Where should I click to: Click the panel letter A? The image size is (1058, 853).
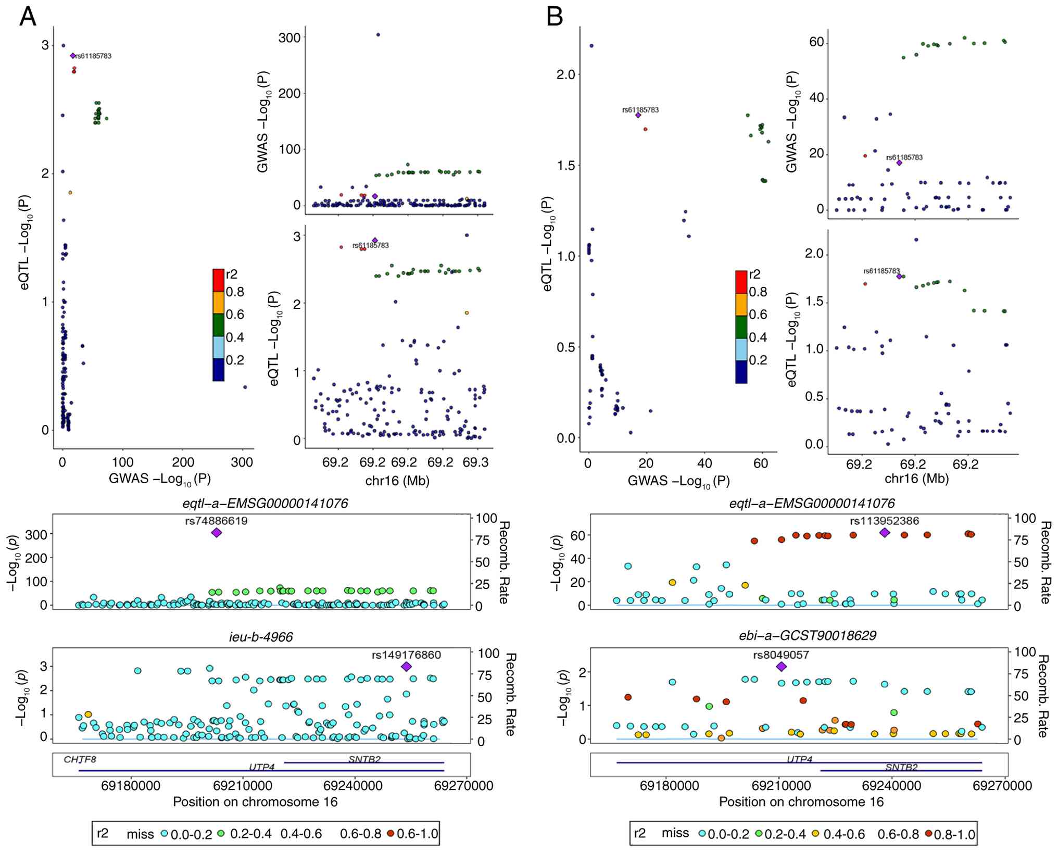coord(28,17)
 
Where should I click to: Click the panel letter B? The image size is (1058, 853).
coord(555,17)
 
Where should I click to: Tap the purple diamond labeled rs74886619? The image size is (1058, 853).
coord(217,532)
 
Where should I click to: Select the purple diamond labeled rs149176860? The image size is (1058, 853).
coord(407,667)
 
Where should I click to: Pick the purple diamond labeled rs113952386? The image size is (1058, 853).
coord(884,532)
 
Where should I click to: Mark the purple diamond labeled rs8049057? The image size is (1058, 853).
coord(781,667)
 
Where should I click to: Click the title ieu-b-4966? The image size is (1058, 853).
coord(261,636)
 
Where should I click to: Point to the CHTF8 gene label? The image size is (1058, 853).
coord(80,759)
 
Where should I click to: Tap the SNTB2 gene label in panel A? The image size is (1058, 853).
coord(364,759)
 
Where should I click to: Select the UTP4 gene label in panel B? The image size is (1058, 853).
coord(799,759)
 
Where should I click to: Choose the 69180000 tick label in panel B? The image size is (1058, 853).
coord(669,785)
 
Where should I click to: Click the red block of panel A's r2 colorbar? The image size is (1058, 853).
coord(218,280)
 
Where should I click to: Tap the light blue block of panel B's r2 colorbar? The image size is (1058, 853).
coord(741,349)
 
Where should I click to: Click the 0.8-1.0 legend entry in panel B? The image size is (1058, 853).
coord(949,834)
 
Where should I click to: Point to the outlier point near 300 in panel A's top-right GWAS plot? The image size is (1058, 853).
coord(378,35)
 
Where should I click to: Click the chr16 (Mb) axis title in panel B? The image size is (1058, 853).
coord(916,478)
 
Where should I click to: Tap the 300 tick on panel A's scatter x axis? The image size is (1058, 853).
coord(242,462)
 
